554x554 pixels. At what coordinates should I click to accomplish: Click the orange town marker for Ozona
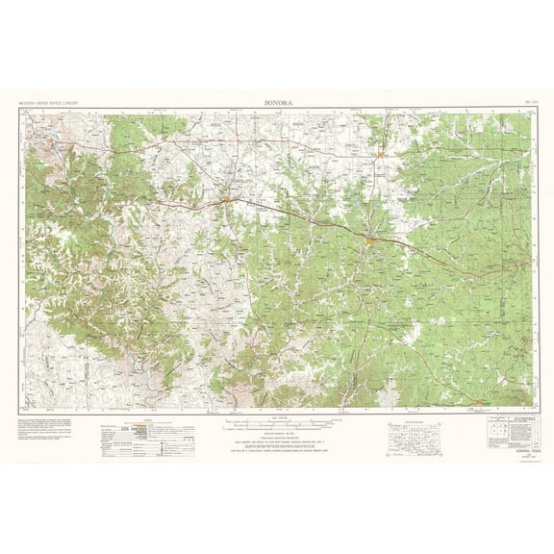225,200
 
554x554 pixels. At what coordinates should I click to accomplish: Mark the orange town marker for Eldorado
381,154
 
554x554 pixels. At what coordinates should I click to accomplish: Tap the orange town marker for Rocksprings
481,401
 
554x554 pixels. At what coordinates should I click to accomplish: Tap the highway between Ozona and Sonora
298,217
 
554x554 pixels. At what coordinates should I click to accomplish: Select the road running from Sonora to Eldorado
375,197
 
